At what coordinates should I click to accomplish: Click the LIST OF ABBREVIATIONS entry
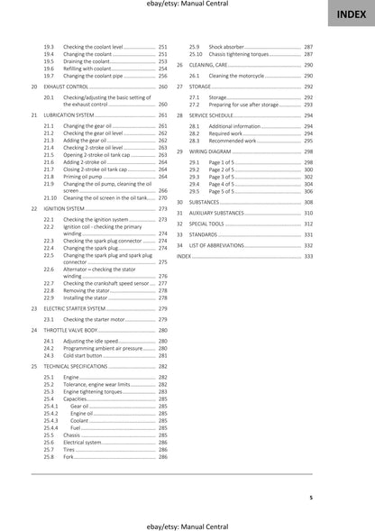tap(222, 245)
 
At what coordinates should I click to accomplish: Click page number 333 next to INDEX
tap(308, 257)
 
